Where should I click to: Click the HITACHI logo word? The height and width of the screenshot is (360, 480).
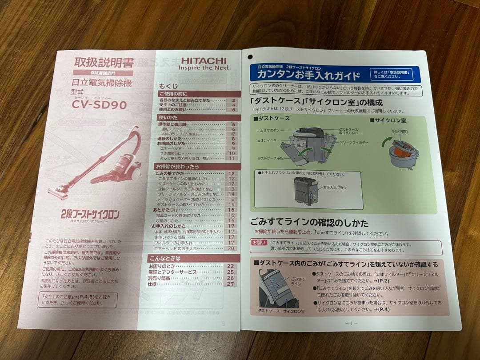coord(204,60)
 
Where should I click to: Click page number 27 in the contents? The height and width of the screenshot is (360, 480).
coord(230,284)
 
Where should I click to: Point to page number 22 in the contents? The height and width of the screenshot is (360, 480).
coord(230,266)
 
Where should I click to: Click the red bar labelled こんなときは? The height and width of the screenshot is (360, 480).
coord(193,258)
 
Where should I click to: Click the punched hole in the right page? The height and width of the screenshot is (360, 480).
coord(250,56)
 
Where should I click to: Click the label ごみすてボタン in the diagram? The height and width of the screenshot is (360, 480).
coord(269,131)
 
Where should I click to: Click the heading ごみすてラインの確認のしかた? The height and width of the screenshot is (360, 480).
coord(309,223)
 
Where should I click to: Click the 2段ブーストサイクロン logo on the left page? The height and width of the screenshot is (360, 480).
coord(90,214)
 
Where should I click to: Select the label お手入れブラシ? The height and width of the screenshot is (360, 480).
coord(334,188)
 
